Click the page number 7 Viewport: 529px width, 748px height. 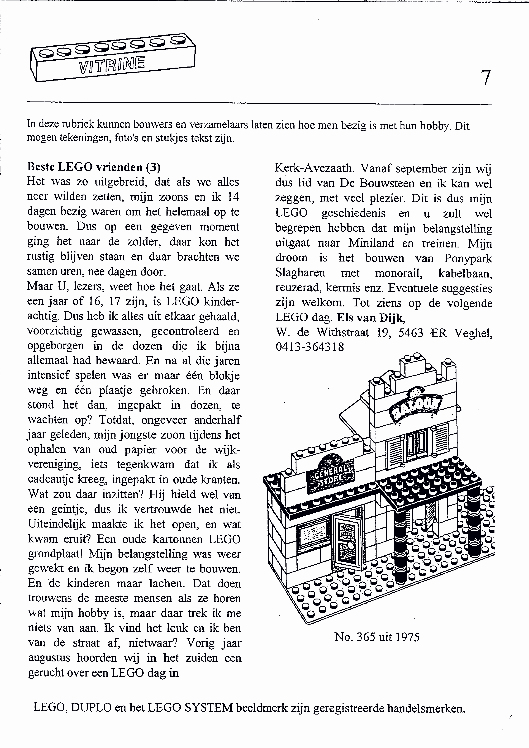[x=485, y=78]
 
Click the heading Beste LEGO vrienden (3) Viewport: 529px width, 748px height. [x=94, y=167]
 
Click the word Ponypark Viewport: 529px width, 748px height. [x=468, y=258]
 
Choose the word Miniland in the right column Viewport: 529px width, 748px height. [x=371, y=243]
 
